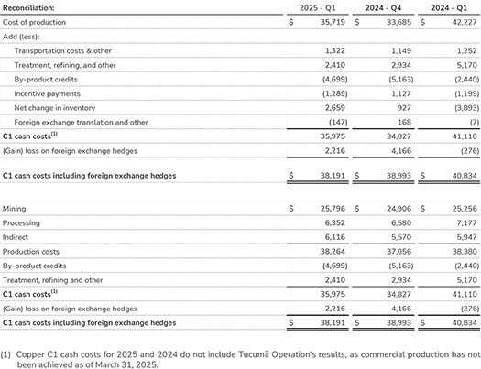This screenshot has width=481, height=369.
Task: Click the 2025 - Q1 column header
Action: point(318,8)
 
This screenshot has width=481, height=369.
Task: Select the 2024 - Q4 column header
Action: point(383,8)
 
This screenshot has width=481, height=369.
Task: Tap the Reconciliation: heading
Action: point(28,8)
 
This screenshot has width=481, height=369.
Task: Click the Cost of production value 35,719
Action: point(333,22)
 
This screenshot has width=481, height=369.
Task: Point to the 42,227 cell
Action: point(465,22)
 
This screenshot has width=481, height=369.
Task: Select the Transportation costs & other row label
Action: point(62,51)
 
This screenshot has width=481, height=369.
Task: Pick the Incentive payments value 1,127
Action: point(401,93)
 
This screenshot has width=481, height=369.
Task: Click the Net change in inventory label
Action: point(55,108)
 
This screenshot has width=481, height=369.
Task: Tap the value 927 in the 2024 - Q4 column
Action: point(404,108)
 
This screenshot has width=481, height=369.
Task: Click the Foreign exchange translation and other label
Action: point(81,123)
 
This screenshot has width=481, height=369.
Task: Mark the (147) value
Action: point(338,123)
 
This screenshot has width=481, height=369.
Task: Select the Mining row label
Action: point(14,209)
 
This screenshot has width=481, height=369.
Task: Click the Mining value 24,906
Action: point(399,209)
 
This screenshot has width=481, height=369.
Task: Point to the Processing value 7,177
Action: point(467,222)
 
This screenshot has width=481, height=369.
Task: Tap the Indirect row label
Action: point(16,237)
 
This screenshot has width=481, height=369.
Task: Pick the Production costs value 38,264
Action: point(333,252)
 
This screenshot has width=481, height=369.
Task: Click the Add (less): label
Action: point(21,37)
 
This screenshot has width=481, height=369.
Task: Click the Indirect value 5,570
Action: point(401,237)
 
